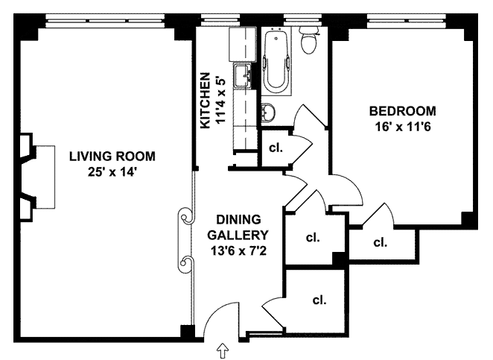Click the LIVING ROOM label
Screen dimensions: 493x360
coord(112,157)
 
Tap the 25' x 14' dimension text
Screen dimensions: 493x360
coord(112,172)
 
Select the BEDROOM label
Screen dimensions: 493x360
coord(402,111)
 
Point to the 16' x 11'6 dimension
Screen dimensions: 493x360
coord(402,127)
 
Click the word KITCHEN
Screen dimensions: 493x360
coord(206,101)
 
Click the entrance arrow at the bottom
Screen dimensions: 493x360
coord(223,350)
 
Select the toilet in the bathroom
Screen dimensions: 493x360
coord(308,40)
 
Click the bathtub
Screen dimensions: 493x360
coord(276,60)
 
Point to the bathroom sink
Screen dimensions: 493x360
coord(268,112)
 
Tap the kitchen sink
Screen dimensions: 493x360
coord(243,75)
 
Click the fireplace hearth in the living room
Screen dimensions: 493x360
coord(45,177)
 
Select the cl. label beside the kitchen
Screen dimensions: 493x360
coord(276,148)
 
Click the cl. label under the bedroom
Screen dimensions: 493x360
coord(381,242)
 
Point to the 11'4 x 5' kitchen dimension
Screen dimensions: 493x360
coord(221,101)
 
